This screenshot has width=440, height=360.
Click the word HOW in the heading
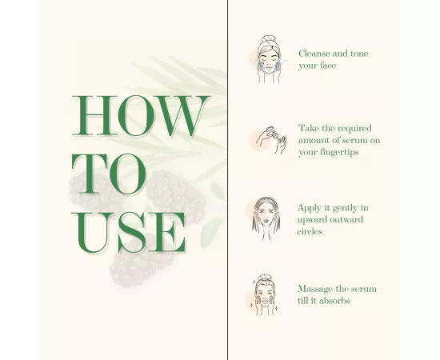(x=140, y=117)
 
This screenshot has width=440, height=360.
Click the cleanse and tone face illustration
(x=268, y=59)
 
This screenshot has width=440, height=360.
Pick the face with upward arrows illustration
(x=266, y=218)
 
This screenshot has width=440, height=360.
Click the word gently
(x=342, y=208)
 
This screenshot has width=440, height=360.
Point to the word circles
(x=310, y=231)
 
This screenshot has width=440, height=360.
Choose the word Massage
(x=316, y=289)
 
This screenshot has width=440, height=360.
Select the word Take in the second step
(x=309, y=128)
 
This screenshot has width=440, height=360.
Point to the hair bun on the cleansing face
(x=268, y=39)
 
